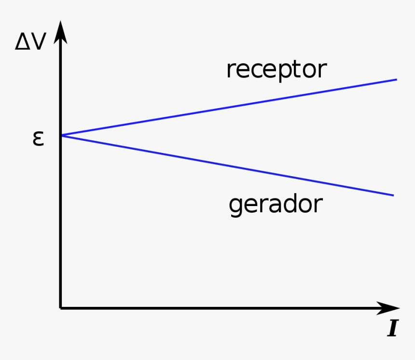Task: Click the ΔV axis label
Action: pyautogui.click(x=30, y=42)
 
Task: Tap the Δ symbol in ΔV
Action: pyautogui.click(x=22, y=42)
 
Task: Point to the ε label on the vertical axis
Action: pyautogui.click(x=38, y=138)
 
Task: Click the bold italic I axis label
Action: pyautogui.click(x=392, y=329)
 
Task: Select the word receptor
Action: pyautogui.click(x=276, y=69)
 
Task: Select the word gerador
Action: pyautogui.click(x=275, y=205)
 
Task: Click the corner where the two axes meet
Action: pyautogui.click(x=61, y=307)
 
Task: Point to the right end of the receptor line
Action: pyautogui.click(x=396, y=80)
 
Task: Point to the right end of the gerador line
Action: pyautogui.click(x=393, y=195)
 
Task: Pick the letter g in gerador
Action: pyautogui.click(x=235, y=207)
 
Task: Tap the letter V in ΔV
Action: pyautogui.click(x=38, y=42)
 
